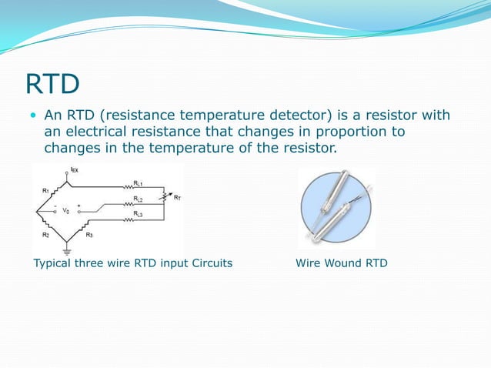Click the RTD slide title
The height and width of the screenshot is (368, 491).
tap(53, 82)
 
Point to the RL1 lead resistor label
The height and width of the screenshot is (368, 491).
tap(137, 183)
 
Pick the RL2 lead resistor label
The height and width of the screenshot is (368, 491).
tap(137, 199)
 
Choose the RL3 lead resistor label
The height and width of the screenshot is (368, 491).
tap(137, 213)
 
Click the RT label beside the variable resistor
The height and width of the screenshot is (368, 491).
tap(177, 198)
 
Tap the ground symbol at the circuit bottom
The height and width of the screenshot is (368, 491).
tap(67, 249)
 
